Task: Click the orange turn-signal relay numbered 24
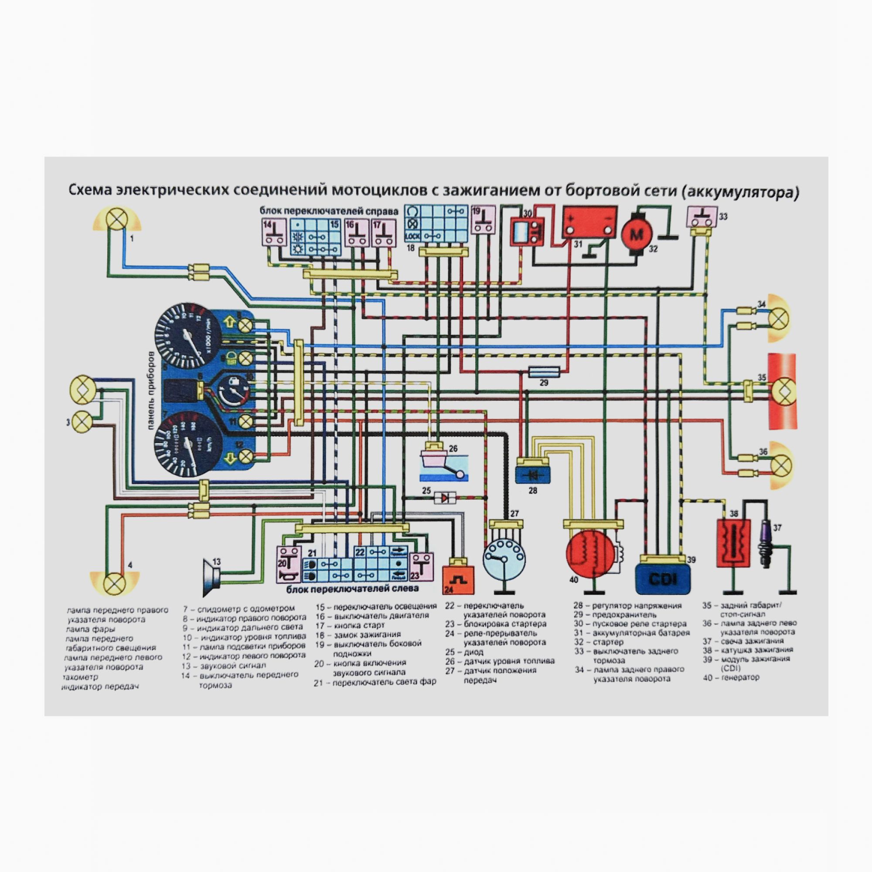tap(459, 579)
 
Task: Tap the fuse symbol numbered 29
tap(544, 372)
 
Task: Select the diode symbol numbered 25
tap(445, 498)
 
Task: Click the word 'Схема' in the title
tap(90, 191)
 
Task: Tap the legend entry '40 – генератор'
tap(731, 677)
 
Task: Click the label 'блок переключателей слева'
tap(352, 589)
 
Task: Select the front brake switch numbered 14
tap(274, 232)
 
